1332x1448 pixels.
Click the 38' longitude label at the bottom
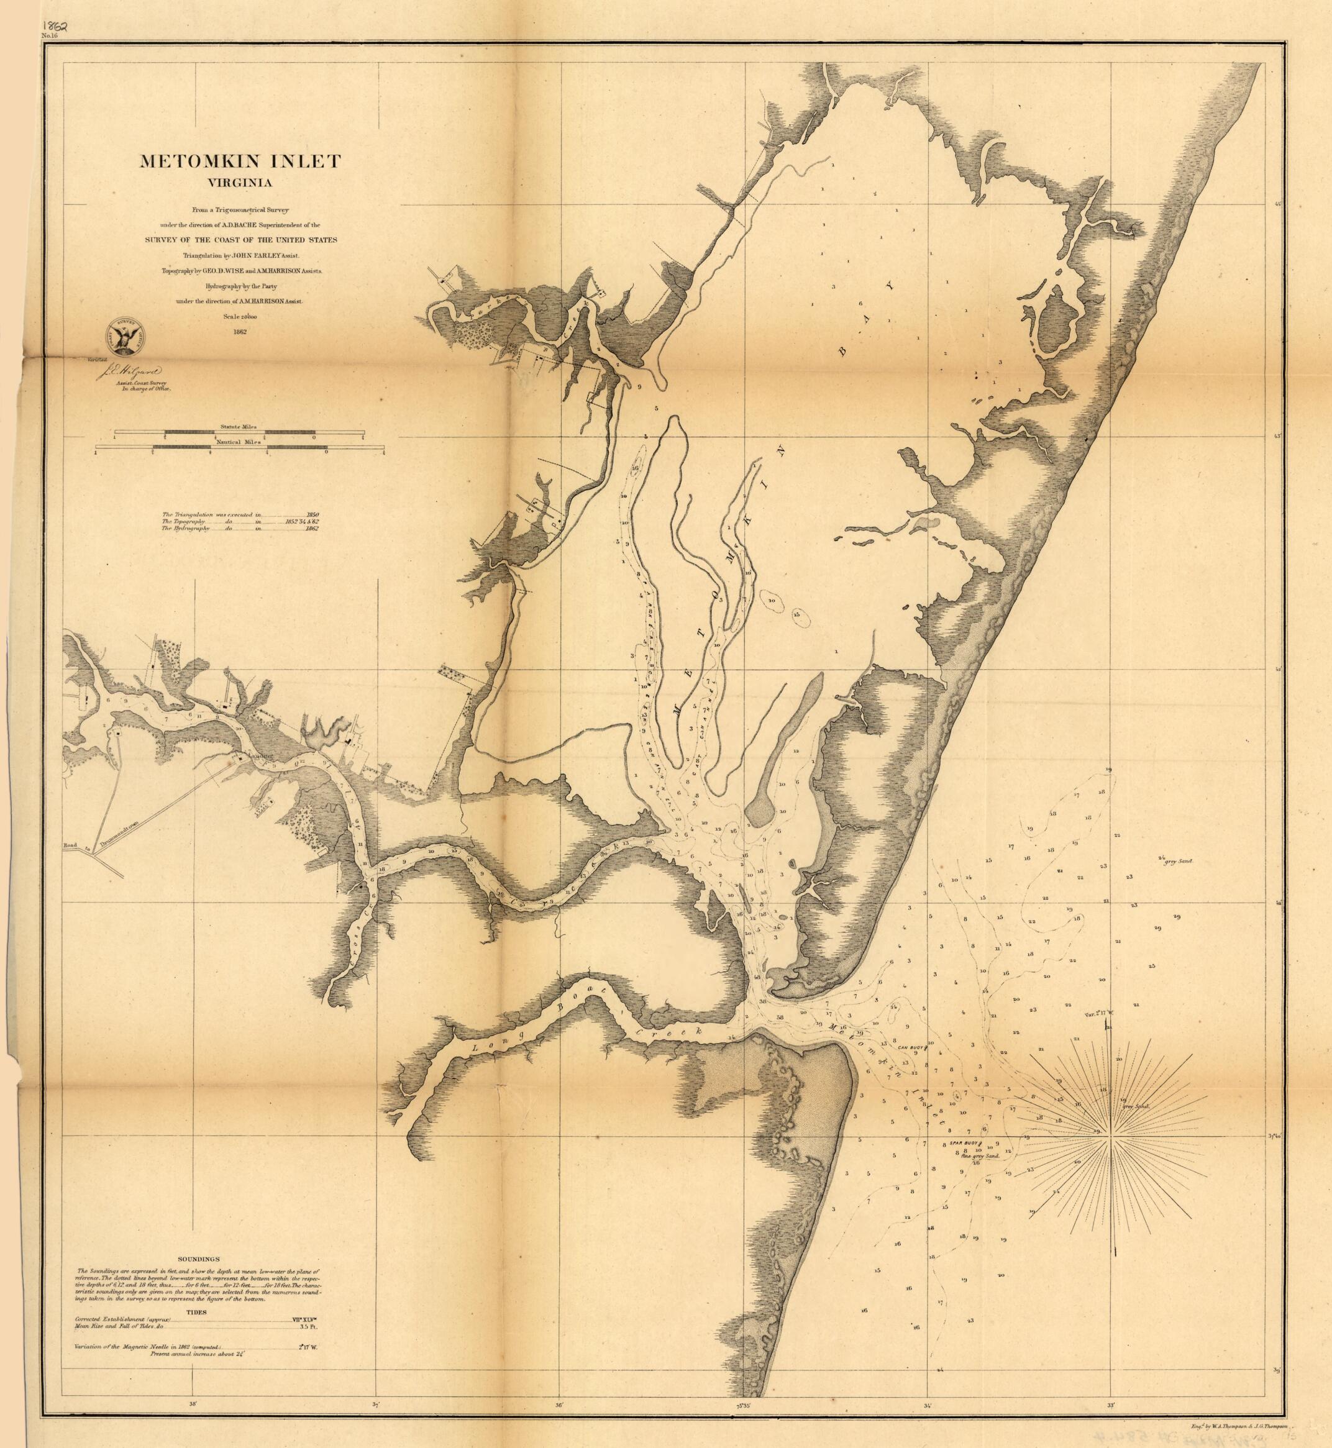click(x=193, y=1404)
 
